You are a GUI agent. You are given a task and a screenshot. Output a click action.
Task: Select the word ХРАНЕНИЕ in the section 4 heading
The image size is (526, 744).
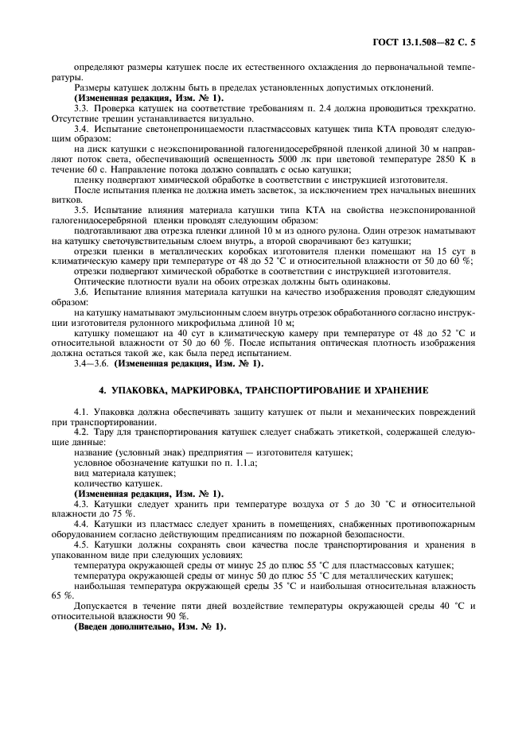click(x=394, y=390)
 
